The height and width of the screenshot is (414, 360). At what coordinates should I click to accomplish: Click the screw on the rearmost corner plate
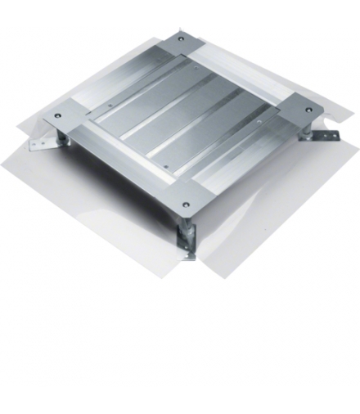point(180,38)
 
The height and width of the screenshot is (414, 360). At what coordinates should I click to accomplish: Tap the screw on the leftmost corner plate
point(57,115)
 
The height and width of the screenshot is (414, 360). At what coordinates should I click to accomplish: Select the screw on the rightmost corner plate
point(308,110)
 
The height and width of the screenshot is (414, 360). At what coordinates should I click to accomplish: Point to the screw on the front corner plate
point(186,205)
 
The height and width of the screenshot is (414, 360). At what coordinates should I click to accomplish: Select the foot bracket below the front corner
point(187,245)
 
